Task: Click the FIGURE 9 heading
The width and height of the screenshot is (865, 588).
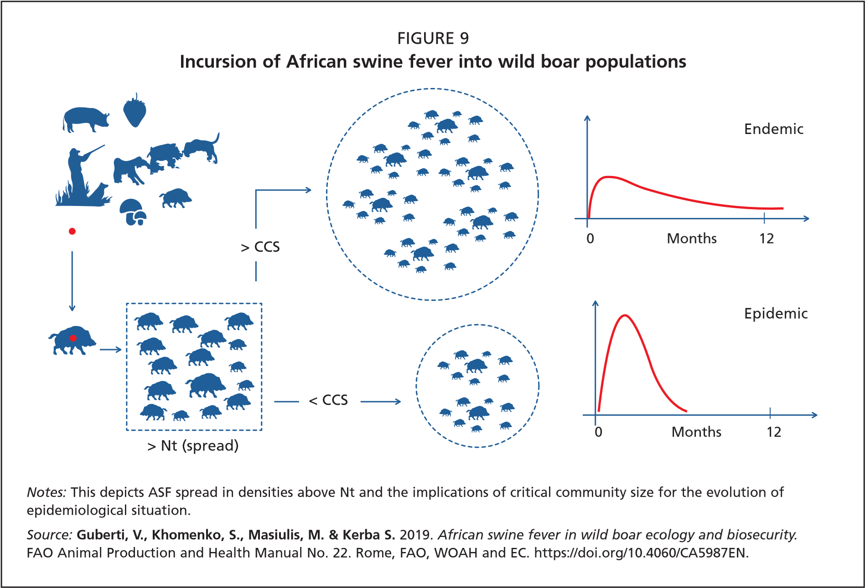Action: tap(433, 39)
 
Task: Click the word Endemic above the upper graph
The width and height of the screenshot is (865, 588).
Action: tap(773, 129)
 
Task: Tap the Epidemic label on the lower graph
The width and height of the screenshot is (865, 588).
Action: tap(776, 314)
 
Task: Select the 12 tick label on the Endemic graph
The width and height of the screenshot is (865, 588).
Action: tap(767, 238)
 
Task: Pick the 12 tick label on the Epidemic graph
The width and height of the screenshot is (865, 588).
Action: tap(774, 432)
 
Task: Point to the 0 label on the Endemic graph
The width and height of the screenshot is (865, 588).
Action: tap(590, 238)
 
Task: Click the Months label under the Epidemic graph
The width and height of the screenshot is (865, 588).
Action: tap(696, 432)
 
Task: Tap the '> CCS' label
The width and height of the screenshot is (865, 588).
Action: tap(260, 247)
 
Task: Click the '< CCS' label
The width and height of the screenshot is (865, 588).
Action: tap(328, 400)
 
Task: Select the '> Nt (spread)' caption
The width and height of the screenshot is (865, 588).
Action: tap(193, 446)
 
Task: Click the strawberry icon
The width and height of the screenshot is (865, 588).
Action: tap(135, 111)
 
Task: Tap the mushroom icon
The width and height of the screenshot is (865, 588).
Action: tap(133, 211)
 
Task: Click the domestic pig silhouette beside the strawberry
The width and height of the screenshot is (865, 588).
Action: tap(85, 119)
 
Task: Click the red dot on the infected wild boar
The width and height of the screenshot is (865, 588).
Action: tap(73, 338)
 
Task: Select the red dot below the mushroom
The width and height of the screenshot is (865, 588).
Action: tap(72, 232)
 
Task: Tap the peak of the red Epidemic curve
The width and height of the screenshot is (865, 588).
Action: tap(625, 315)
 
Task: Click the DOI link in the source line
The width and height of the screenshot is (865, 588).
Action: tap(641, 553)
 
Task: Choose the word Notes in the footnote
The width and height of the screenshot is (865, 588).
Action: tap(46, 492)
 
